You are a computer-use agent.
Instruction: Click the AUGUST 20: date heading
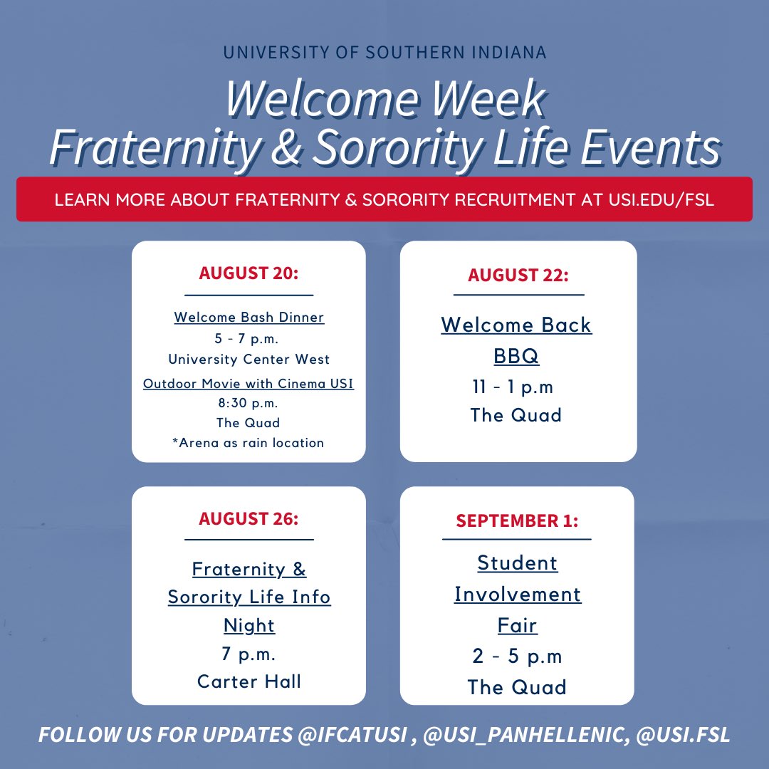(248, 273)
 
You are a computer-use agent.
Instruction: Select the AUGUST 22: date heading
(518, 275)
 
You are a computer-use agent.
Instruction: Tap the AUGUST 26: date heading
(249, 518)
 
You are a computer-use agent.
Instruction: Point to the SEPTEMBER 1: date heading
(517, 520)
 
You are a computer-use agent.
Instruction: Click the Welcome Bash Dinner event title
(249, 317)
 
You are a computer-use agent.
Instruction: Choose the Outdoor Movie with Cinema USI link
(249, 384)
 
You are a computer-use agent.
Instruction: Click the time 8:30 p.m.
(249, 403)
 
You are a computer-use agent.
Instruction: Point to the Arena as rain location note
(249, 442)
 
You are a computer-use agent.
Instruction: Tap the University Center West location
(249, 359)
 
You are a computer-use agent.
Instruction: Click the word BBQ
(516, 355)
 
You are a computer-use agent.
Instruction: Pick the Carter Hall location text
(249, 681)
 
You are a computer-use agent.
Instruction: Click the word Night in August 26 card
(249, 625)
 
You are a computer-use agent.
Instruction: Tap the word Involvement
(518, 594)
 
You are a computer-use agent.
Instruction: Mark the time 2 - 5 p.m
(517, 656)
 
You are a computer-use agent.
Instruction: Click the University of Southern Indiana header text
(384, 53)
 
